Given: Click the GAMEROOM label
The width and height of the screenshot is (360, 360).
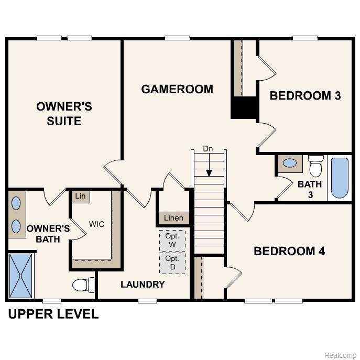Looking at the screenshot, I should pyautogui.click(x=177, y=89).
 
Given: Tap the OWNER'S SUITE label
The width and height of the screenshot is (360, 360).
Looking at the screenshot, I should pyautogui.click(x=64, y=114).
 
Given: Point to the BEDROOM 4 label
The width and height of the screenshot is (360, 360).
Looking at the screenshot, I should pyautogui.click(x=289, y=251).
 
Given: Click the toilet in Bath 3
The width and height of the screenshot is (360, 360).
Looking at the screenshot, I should pyautogui.click(x=315, y=167).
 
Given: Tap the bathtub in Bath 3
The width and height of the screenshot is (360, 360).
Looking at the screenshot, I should pyautogui.click(x=340, y=178).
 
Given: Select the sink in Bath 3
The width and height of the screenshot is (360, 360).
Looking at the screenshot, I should pyautogui.click(x=289, y=163).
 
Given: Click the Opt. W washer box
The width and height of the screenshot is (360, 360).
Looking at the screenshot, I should pyautogui.click(x=172, y=241).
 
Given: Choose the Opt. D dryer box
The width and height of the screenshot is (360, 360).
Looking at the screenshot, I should pyautogui.click(x=172, y=263).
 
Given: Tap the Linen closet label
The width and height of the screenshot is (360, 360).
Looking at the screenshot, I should pyautogui.click(x=173, y=218).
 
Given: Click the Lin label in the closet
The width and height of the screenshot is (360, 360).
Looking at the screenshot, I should pyautogui.click(x=80, y=196).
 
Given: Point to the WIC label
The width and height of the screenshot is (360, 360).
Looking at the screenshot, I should pyautogui.click(x=96, y=224).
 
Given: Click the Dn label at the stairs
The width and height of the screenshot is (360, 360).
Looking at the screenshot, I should pyautogui.click(x=209, y=149).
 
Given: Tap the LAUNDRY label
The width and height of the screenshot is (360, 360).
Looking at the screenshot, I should pyautogui.click(x=143, y=285).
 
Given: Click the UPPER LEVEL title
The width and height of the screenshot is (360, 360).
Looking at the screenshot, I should pyautogui.click(x=53, y=314).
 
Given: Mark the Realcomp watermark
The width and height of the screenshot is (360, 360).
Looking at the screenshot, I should pyautogui.click(x=341, y=355).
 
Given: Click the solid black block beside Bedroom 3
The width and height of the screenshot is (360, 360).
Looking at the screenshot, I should pyautogui.click(x=244, y=108).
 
